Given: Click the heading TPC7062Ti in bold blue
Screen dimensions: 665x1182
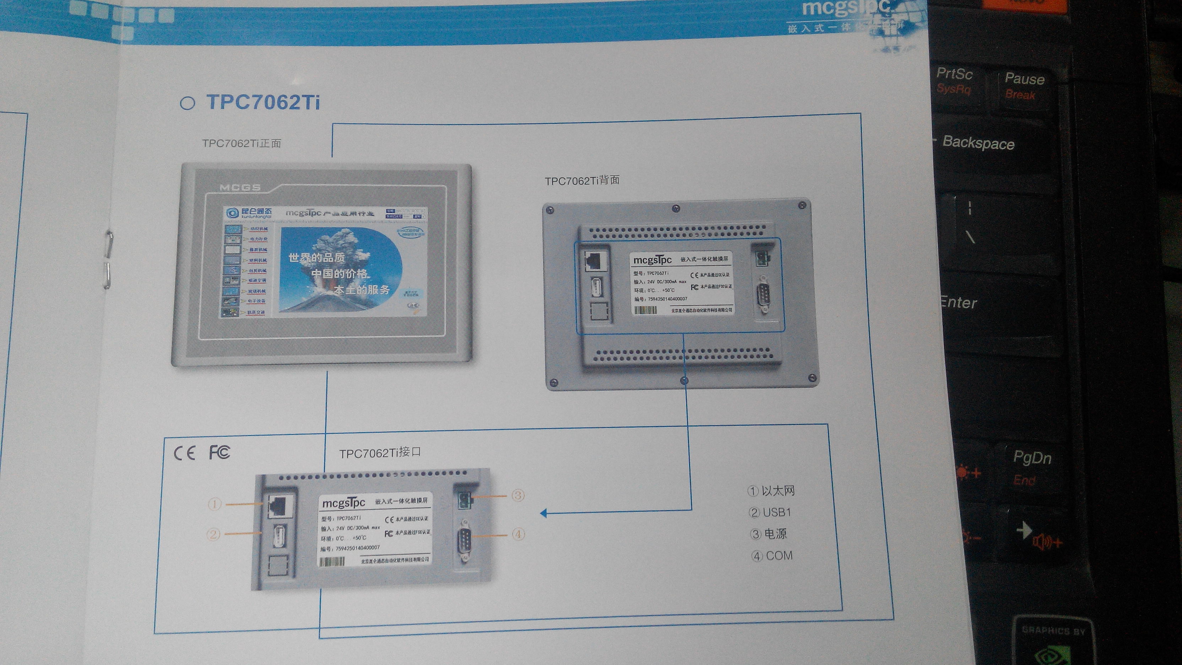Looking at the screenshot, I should tap(262, 102).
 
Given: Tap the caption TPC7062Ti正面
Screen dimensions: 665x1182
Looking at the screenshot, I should tap(242, 144).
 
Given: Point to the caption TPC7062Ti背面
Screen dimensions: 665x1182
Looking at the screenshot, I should tap(582, 180).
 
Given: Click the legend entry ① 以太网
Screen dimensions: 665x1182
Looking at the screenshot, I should tap(771, 491).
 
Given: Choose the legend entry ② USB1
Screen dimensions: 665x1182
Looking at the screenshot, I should tap(770, 512).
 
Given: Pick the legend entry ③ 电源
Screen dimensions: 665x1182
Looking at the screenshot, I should tap(769, 534).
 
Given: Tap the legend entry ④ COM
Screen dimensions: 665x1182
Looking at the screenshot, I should tap(772, 556).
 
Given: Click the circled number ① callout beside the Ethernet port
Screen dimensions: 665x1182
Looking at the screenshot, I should tap(214, 504).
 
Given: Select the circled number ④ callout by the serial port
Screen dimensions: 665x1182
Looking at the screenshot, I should tap(518, 534).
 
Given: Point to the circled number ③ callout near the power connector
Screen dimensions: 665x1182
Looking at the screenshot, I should tap(518, 495).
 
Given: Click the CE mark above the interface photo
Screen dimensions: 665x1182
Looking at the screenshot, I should tap(184, 453).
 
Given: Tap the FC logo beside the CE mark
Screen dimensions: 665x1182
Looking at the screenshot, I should tap(219, 452).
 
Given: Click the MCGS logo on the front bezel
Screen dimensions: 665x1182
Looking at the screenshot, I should tap(240, 187).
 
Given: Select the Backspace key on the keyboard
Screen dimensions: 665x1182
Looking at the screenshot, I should tap(978, 143).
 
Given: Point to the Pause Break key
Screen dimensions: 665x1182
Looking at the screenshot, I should tap(1024, 85).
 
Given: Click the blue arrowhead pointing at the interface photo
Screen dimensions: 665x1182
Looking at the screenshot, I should tap(544, 513).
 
